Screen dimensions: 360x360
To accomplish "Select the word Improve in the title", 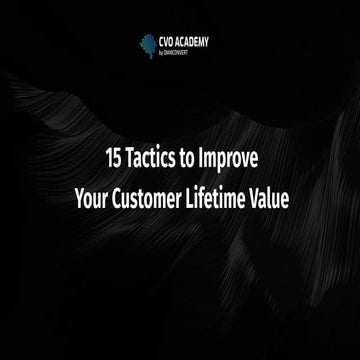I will click(229, 158).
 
